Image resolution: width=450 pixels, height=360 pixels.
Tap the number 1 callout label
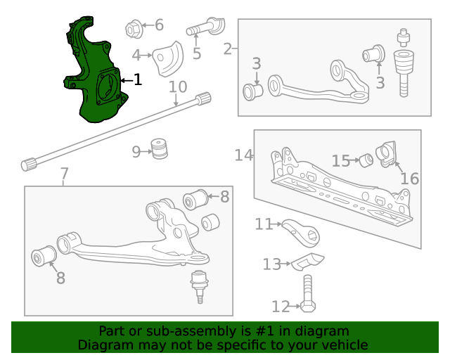click(x=138, y=80)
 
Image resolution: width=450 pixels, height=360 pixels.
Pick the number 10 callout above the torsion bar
click(x=178, y=87)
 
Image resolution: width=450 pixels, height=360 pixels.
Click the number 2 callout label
click(x=227, y=49)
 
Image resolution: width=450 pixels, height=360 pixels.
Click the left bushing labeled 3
click(x=253, y=91)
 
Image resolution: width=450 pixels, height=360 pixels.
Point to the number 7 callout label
click(x=64, y=174)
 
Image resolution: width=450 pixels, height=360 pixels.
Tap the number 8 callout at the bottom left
click(x=60, y=278)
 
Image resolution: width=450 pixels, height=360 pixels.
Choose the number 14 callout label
click(x=244, y=155)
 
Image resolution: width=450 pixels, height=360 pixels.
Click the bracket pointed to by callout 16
click(x=387, y=155)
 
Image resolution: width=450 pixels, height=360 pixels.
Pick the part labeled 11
click(x=299, y=229)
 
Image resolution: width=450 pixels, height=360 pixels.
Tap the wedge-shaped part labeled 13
click(x=307, y=262)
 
